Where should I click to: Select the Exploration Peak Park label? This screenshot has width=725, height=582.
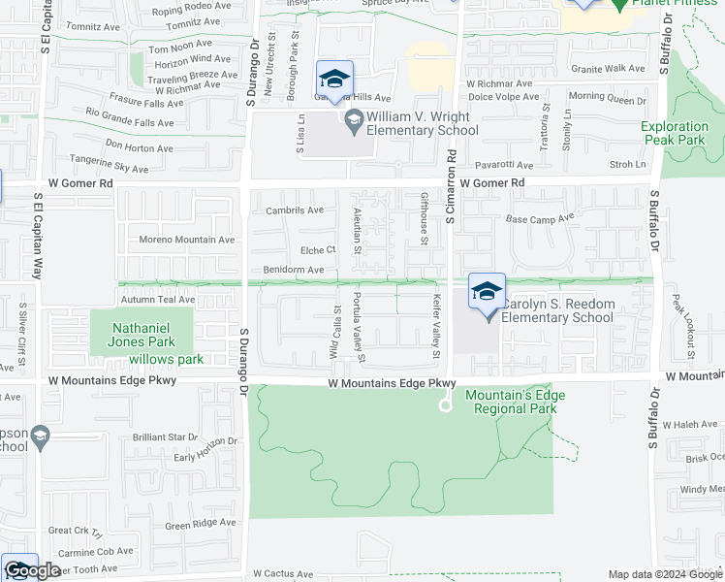coord(675,134)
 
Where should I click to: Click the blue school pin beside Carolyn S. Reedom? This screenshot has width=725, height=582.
coord(487,291)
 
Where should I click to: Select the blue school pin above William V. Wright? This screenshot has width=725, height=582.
coord(334,80)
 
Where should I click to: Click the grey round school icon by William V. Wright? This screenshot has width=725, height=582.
coord(353,120)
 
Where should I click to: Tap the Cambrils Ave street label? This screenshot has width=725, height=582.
coord(294,210)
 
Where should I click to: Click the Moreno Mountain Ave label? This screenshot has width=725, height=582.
coord(186,240)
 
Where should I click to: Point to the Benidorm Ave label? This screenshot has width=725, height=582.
coord(293,270)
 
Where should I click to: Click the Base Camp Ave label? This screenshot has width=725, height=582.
coord(540,218)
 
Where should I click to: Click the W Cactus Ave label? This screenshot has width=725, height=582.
coord(286,573)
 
